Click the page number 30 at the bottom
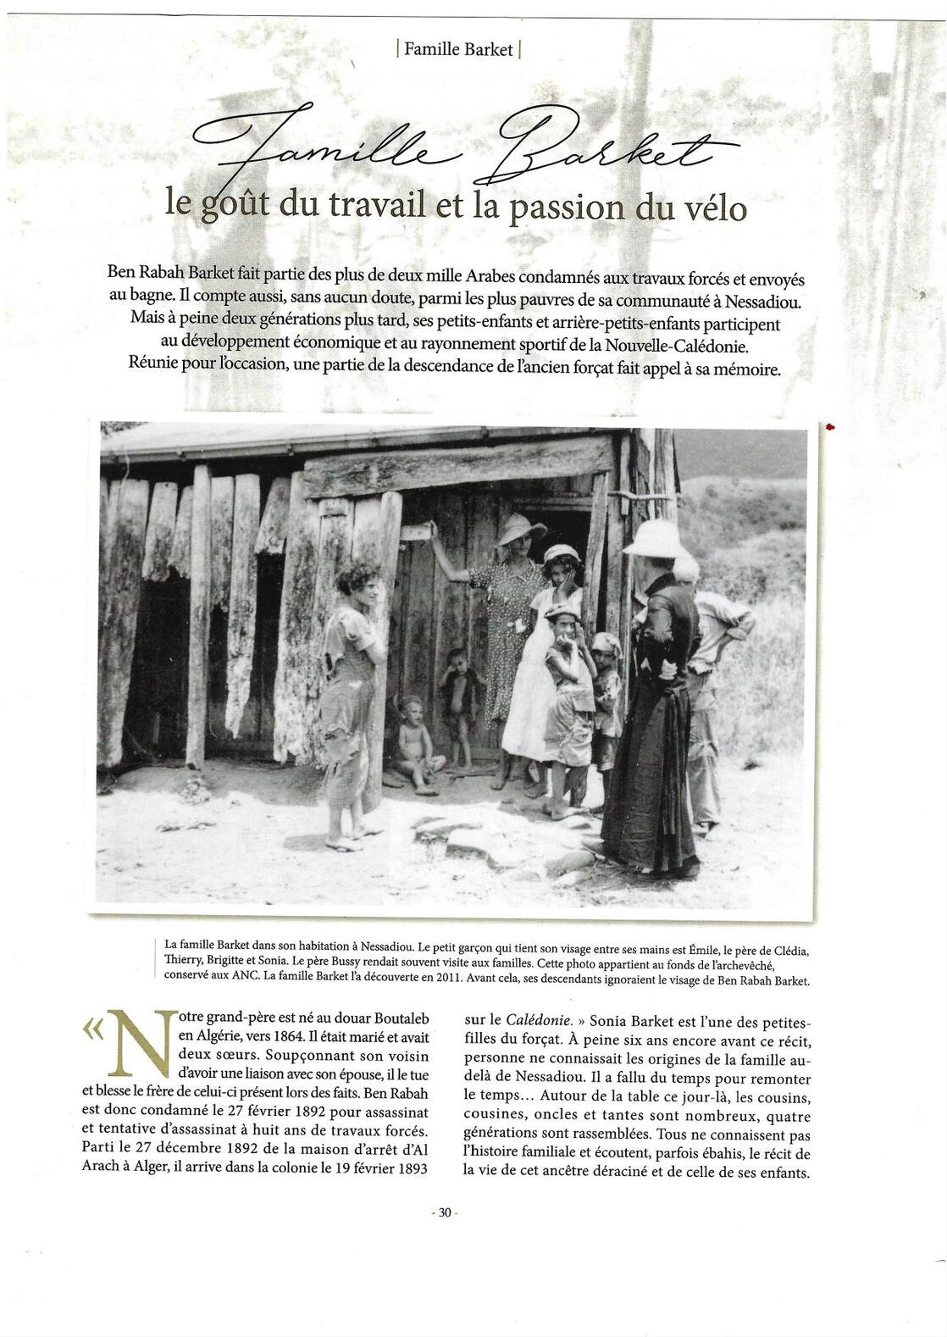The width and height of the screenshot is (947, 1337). tap(445, 1212)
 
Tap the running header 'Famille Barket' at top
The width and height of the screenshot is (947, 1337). tap(458, 49)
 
